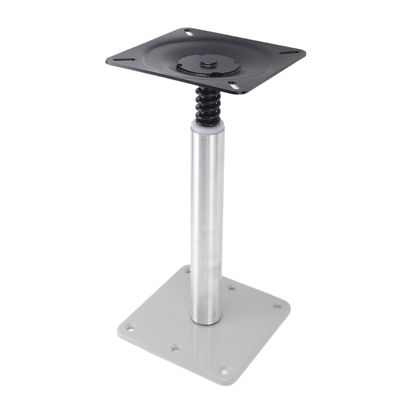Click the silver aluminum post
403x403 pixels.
pos(207,220)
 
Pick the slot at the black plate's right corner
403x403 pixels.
pos(289,53)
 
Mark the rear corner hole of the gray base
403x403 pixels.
pos(188,271)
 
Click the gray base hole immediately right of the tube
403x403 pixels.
pos(232,288)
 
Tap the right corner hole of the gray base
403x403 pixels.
pos(277,305)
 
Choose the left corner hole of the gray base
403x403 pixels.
pos(130,327)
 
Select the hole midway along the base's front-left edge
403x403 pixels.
pos(176,348)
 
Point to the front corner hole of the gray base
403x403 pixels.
pos(224,370)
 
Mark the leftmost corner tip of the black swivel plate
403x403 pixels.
pos(107,62)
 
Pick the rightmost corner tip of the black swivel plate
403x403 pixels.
pos(305,53)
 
